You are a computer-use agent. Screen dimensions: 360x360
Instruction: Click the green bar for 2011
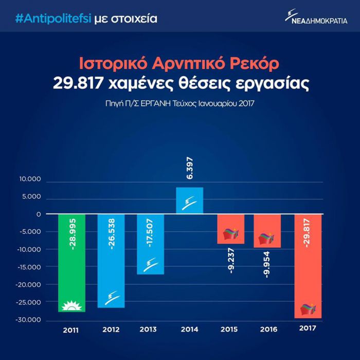[71, 262]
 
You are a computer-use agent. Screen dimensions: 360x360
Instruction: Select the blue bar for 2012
[111, 260]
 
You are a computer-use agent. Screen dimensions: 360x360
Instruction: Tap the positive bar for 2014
[189, 200]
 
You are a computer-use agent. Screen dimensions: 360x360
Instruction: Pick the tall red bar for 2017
[308, 265]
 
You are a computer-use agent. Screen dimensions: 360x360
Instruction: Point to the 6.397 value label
[189, 168]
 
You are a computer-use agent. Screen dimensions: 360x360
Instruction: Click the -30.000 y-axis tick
[29, 320]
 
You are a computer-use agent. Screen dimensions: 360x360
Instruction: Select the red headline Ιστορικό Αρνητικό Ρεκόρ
[179, 64]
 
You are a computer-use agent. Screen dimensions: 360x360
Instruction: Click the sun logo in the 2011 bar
[71, 307]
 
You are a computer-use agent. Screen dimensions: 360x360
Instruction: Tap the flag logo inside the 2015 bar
[229, 234]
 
